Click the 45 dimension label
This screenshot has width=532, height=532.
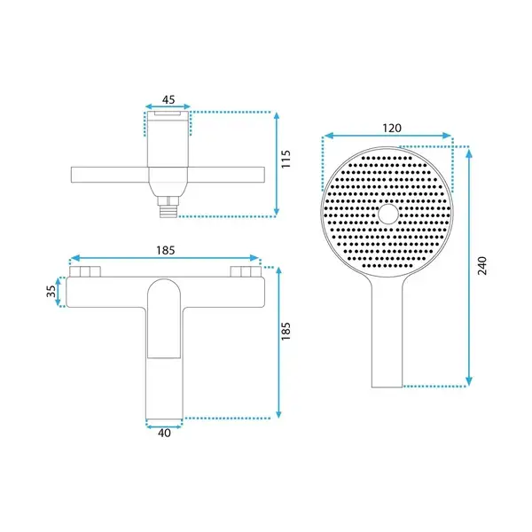coord(168,99)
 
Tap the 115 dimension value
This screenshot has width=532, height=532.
coord(286,159)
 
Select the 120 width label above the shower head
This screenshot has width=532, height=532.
coord(392,129)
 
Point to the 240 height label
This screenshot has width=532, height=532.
coord(481,266)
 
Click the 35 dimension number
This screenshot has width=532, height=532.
coord(51,291)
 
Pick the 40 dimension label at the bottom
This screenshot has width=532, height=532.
coord(164,433)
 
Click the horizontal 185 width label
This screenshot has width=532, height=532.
coord(166,250)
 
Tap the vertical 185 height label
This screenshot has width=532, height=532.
coord(286,331)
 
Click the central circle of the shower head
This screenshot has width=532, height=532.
coord(388,214)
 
